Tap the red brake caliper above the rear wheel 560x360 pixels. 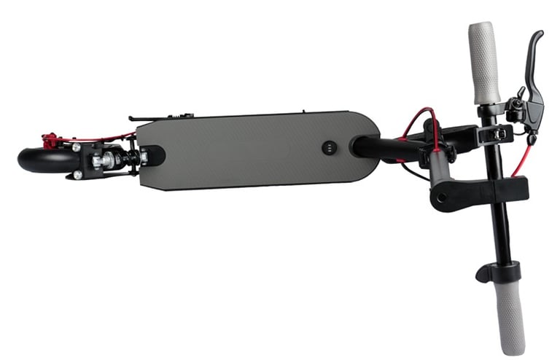pyautogui.click(x=50, y=139)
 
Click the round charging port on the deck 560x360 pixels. pyautogui.click(x=329, y=147)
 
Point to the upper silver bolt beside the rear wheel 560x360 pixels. pyautogui.click(x=77, y=147)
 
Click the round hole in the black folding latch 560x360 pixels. pyautogui.click(x=442, y=196)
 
